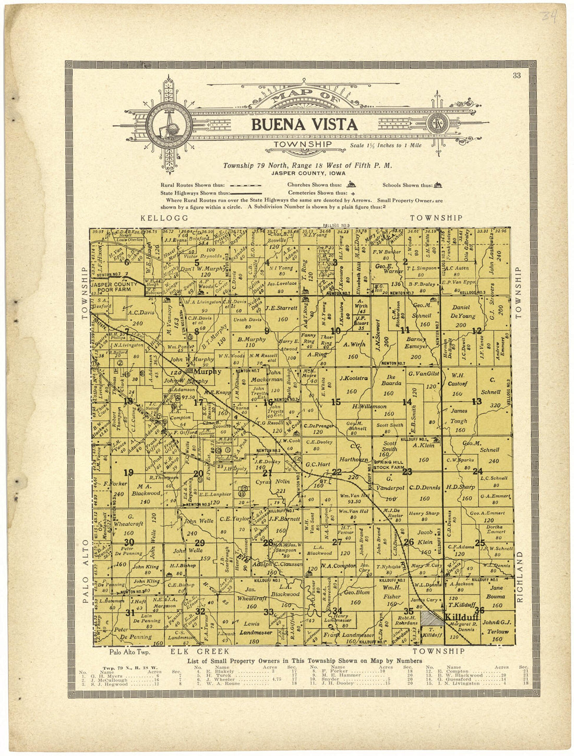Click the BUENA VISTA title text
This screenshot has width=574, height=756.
tap(304, 125)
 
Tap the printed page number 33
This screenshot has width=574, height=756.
tap(517, 76)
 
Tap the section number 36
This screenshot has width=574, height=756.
tap(480, 610)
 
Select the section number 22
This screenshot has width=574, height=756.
tap(337, 472)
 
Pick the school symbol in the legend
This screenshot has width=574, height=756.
tap(438, 184)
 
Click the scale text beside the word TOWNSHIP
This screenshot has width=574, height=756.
tap(386, 146)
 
